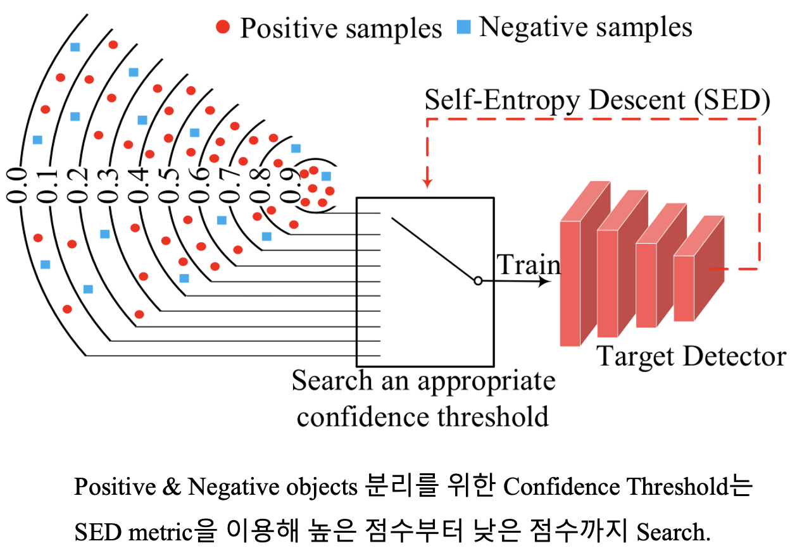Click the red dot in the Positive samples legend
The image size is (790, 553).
click(x=223, y=27)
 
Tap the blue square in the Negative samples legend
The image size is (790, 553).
click(x=464, y=28)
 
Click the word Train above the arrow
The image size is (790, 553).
click(x=528, y=265)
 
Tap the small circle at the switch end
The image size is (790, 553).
click(x=478, y=280)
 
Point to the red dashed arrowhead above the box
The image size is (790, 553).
click(x=428, y=183)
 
